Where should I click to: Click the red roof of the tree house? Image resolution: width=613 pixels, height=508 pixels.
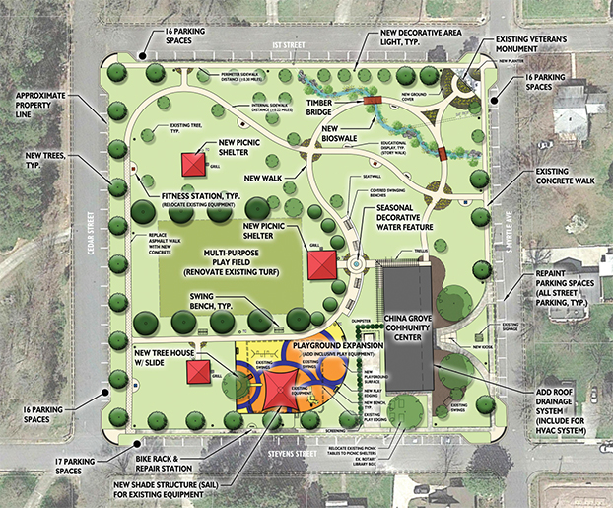coord(201,368)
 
